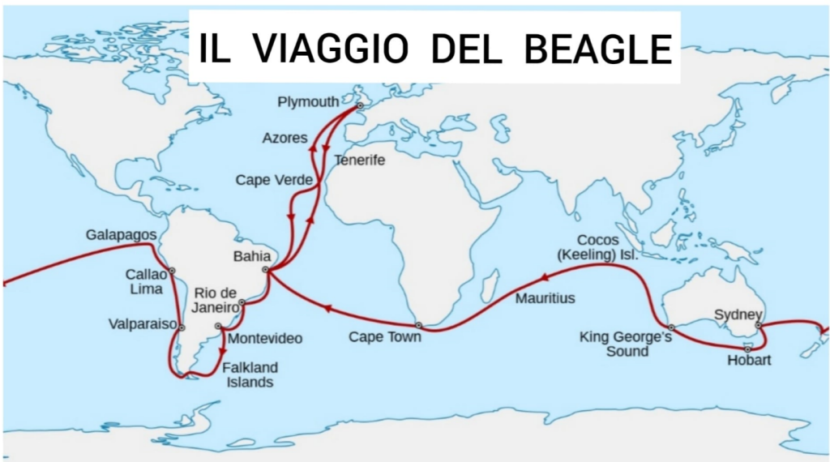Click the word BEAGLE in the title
click(598, 49)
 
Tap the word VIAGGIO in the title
click(329, 49)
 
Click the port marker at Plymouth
click(360, 105)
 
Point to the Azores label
click(285, 138)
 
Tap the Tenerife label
click(359, 160)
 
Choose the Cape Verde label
click(274, 180)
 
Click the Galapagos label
click(121, 235)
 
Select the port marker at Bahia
click(265, 270)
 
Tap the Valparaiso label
click(143, 324)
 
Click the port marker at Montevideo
click(218, 327)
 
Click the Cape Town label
click(385, 336)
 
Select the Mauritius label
click(545, 298)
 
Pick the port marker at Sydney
click(758, 326)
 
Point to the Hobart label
click(748, 361)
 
